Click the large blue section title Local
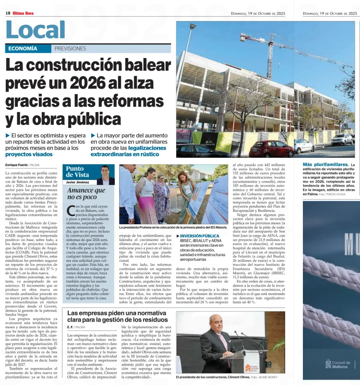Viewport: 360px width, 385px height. pyautogui.click(x=35, y=30)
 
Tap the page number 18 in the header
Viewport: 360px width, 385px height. pyautogui.click(x=8, y=13)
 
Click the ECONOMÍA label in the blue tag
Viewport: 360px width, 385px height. pyautogui.click(x=23, y=49)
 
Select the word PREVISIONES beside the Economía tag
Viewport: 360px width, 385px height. pyautogui.click(x=70, y=49)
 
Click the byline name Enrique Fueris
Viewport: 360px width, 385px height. pyautogui.click(x=16, y=165)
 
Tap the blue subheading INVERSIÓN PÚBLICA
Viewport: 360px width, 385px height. pyautogui.click(x=199, y=236)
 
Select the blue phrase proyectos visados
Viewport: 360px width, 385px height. pyautogui.click(x=29, y=154)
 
